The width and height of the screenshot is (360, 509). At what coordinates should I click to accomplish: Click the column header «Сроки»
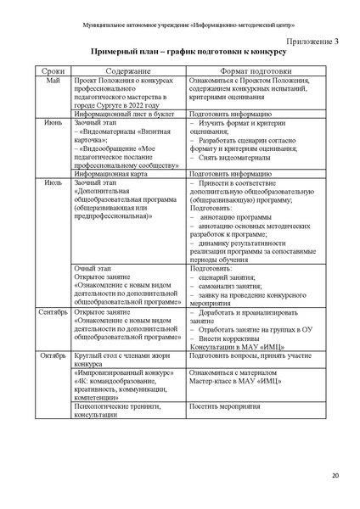(53, 72)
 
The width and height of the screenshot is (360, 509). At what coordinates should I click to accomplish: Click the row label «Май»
(53, 81)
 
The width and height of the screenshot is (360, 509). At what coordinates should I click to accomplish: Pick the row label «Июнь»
(53, 123)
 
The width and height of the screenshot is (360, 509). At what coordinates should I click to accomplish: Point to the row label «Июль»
(53, 182)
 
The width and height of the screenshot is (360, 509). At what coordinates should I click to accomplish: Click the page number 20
(334, 474)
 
